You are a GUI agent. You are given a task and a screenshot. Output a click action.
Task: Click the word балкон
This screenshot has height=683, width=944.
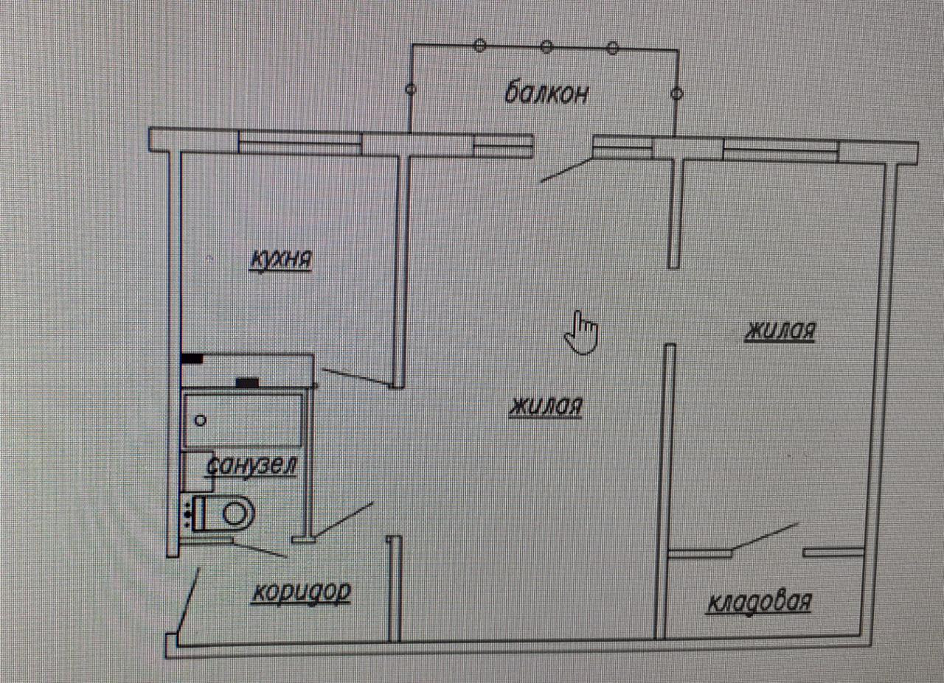point(546,94)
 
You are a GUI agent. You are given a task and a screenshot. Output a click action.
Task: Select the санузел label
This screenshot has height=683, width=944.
point(252,466)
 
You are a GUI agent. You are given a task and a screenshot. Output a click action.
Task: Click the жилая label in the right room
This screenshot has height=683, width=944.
point(780,332)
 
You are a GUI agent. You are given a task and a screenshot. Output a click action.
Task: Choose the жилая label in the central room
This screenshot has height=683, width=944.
point(546,407)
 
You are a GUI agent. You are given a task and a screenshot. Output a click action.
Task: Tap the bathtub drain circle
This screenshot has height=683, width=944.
point(199,421)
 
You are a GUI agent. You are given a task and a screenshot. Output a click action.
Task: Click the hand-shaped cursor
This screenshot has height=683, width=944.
point(582,332)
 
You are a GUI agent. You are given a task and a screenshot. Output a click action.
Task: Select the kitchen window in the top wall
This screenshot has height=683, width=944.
point(299,142)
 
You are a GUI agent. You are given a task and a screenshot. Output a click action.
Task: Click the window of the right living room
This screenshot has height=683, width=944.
point(781,150)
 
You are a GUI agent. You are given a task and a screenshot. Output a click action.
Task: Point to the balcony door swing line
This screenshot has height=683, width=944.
point(565,170)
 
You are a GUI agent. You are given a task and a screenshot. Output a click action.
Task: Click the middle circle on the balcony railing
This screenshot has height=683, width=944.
point(546,47)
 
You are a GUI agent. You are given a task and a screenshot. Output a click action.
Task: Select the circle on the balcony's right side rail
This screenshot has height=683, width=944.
point(678,94)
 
